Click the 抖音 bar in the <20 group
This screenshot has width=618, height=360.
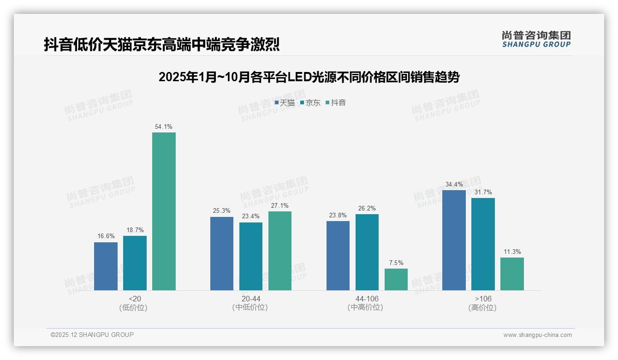click(x=164, y=211)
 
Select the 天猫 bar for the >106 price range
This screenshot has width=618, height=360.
click(x=454, y=240)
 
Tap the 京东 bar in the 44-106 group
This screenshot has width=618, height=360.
click(x=367, y=252)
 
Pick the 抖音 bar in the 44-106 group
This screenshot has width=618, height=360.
click(x=396, y=279)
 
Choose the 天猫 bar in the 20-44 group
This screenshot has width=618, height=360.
click(x=222, y=253)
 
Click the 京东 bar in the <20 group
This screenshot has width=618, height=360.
click(x=135, y=263)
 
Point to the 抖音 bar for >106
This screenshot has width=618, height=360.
click(x=512, y=274)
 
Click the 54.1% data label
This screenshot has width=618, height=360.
click(x=164, y=126)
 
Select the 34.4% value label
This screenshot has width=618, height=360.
click(x=454, y=184)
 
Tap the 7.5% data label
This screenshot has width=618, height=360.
click(x=396, y=263)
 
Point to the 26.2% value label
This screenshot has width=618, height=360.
click(x=367, y=208)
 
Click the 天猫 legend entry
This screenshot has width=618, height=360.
click(x=285, y=103)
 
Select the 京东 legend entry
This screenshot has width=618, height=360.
click(x=310, y=103)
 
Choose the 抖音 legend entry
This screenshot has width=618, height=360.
click(x=336, y=103)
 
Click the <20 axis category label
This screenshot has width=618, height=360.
click(x=135, y=299)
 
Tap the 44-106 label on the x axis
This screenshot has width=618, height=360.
click(x=367, y=299)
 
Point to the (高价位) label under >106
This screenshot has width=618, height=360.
click(x=482, y=307)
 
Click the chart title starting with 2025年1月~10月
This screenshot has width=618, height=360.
click(x=309, y=77)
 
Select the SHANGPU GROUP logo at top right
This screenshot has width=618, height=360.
click(x=536, y=39)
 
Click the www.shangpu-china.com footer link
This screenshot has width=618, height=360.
click(x=537, y=335)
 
